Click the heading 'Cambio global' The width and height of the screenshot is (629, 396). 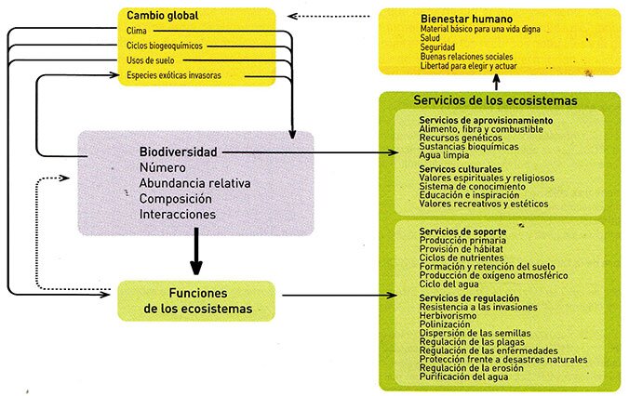point(163,16)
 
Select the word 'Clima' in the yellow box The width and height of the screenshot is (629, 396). point(137,31)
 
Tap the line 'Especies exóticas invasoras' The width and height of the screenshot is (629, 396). point(174,75)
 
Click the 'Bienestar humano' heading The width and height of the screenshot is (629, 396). point(466,19)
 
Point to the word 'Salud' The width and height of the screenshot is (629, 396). point(430,38)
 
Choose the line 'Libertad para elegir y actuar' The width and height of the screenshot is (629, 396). point(469,66)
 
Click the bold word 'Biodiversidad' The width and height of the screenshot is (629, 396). point(178,152)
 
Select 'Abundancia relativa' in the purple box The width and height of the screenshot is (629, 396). point(195,183)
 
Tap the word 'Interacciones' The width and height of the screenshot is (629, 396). point(178,215)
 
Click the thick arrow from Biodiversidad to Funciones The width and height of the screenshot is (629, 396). point(196,251)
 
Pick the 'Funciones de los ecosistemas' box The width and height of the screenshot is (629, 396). point(196,301)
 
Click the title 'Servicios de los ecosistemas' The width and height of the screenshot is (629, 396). point(495,100)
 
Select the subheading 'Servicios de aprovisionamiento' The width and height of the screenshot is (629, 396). point(487,120)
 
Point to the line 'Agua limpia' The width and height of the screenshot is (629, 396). point(444,155)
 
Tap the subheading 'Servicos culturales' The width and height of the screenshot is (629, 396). point(461,169)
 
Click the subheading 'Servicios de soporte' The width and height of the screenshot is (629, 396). point(463,231)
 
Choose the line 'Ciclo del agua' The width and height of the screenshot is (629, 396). point(448,284)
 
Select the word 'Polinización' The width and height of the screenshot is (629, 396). point(445,324)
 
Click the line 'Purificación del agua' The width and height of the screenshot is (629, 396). point(463,376)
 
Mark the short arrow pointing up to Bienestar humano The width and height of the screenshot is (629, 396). point(497,82)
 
